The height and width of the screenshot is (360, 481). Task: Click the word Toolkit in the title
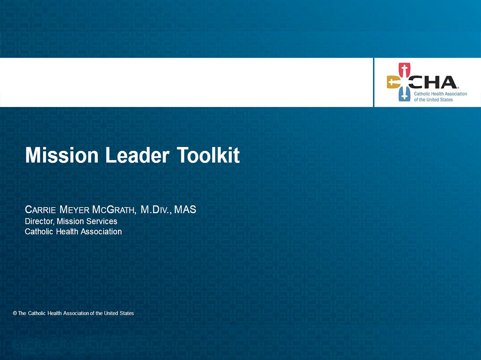208,155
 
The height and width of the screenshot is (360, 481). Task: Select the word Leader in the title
137,155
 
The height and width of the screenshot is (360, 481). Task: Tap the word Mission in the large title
62,155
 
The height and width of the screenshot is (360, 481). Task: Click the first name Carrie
40,209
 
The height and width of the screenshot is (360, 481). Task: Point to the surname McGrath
113,209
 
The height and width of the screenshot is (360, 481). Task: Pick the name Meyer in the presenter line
74,209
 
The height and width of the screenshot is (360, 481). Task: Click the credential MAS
185,209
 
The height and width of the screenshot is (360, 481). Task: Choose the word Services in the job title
102,221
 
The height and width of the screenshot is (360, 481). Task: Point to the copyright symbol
15,313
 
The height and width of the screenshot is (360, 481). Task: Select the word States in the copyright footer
127,313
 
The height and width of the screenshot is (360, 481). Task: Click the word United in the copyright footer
111,313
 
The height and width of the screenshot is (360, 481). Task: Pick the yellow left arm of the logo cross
394,82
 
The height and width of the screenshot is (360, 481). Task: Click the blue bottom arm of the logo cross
404,94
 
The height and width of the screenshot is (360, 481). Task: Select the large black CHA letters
433,82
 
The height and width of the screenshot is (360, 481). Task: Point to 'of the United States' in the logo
433,100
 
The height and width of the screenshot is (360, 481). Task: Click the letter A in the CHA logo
448,82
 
